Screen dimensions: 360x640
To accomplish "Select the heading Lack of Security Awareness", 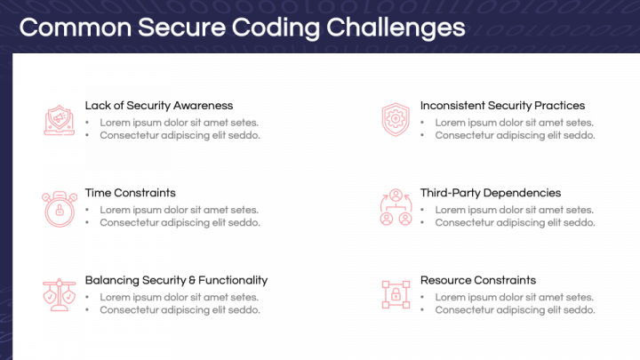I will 158,106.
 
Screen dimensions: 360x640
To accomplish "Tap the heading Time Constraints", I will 130,193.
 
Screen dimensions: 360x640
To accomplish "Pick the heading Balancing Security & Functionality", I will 176,280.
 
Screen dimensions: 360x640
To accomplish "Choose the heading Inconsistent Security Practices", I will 502,106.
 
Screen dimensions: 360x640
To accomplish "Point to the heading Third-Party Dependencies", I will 491,193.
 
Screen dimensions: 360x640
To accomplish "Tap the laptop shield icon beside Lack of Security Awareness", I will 58,119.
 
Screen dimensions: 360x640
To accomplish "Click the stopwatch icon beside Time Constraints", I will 58,207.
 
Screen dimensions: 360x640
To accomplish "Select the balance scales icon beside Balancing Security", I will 58,293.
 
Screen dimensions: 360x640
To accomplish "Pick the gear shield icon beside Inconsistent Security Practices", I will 394,119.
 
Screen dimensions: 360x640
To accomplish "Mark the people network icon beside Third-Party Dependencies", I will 395,207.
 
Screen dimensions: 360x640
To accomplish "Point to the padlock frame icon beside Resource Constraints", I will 395,293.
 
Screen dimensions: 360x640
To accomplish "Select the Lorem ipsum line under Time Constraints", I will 179,210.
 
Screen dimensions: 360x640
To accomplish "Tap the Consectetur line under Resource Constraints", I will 515,310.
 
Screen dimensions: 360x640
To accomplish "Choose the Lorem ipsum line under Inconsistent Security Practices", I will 514,123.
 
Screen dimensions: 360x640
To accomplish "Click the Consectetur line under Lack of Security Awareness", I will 180,136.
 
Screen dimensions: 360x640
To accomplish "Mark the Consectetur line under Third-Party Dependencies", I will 515,223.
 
